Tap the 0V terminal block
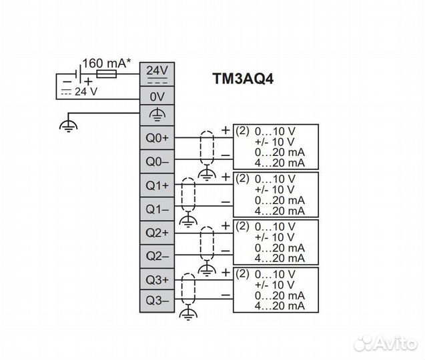[x=157, y=96]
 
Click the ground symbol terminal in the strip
[x=157, y=115]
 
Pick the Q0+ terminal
[x=157, y=138]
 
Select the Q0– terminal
[x=157, y=161]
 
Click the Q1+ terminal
[x=157, y=185]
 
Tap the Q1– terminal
[x=157, y=209]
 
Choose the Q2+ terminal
[x=157, y=232]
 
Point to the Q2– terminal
[x=157, y=255]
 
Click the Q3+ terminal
[x=157, y=279]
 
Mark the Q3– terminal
[x=157, y=301]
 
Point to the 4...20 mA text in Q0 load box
[x=280, y=163]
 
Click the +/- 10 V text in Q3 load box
[x=274, y=285]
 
